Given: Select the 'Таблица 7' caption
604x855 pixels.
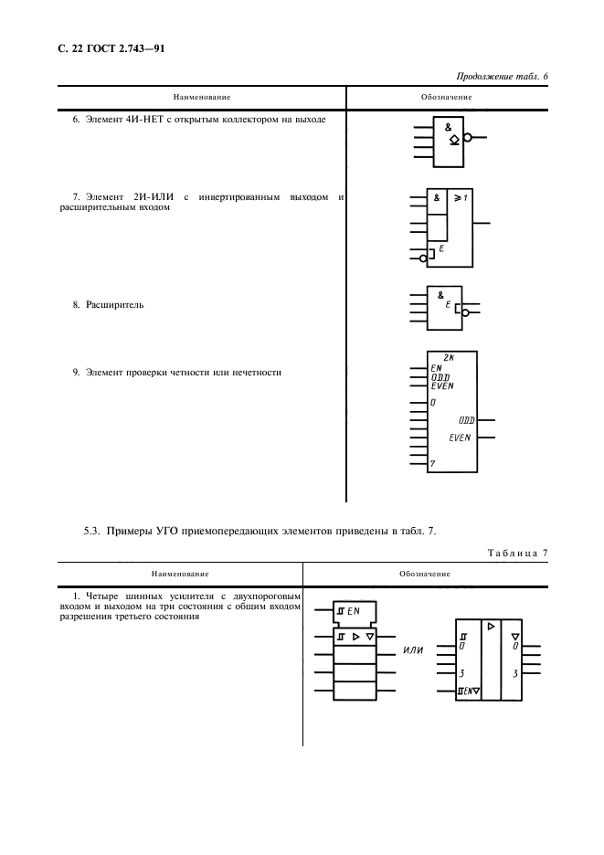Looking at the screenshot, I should pos(518,552).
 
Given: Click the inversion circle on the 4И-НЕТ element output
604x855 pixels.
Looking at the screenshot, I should pos(468,139).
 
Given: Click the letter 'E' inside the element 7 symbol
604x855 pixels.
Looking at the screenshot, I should pos(442,248).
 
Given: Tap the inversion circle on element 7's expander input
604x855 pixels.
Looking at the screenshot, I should pos(422,259).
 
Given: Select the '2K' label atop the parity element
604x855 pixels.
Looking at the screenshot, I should pos(449,358).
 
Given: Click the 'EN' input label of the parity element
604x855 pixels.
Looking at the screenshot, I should pos(436,368).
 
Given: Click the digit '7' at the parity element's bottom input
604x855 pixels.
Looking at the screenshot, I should pos(432,464).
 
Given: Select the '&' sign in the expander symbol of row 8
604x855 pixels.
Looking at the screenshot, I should pos(440,295).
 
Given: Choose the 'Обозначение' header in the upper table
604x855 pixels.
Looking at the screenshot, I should pos(446,96).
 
